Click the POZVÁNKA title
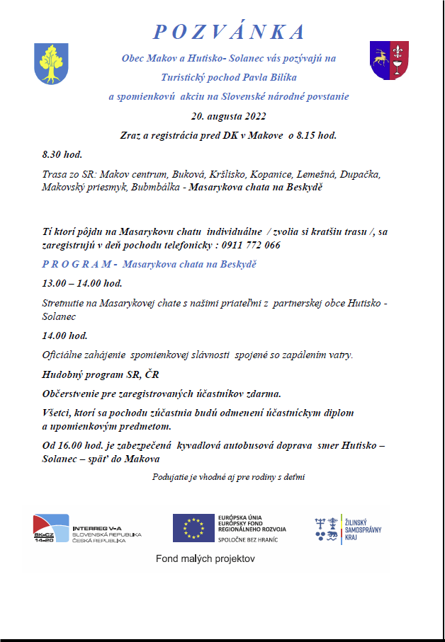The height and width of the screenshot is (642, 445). (229, 32)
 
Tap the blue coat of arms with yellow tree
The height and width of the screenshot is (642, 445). (51, 63)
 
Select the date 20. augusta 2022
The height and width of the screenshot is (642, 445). (228, 115)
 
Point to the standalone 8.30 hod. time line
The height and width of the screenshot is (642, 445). (62, 154)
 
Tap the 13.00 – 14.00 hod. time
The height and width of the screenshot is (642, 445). (81, 283)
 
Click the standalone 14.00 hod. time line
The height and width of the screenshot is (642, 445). (64, 336)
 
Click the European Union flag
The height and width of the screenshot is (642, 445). (193, 527)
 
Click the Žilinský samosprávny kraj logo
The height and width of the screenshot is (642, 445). (349, 529)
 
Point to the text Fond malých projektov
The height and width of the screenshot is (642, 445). (205, 559)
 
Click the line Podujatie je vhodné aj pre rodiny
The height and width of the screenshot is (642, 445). (228, 477)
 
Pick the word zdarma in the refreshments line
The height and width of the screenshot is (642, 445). (264, 393)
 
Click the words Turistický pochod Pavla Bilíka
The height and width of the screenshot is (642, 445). (228, 76)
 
